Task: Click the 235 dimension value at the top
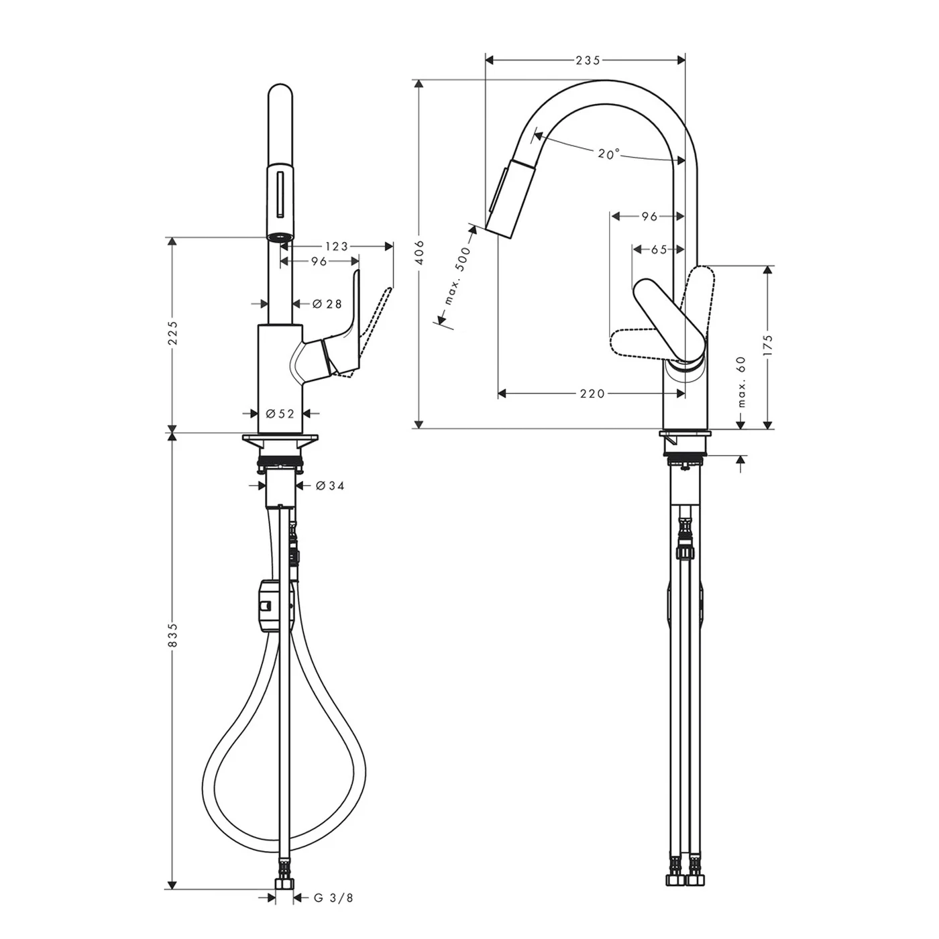[x=588, y=60]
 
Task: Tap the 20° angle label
[x=608, y=154]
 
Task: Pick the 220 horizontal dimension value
[x=592, y=394]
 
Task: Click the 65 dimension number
[x=659, y=250]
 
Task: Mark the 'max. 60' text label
[x=741, y=382]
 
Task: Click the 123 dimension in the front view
[x=336, y=246]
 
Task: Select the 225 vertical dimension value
[x=173, y=333]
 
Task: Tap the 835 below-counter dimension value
[x=173, y=634]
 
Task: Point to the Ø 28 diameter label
[x=327, y=304]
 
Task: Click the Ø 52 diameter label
[x=280, y=414]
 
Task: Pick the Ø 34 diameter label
[x=329, y=485]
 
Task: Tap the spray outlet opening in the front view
[x=280, y=237]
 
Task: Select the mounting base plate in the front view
[x=280, y=441]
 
